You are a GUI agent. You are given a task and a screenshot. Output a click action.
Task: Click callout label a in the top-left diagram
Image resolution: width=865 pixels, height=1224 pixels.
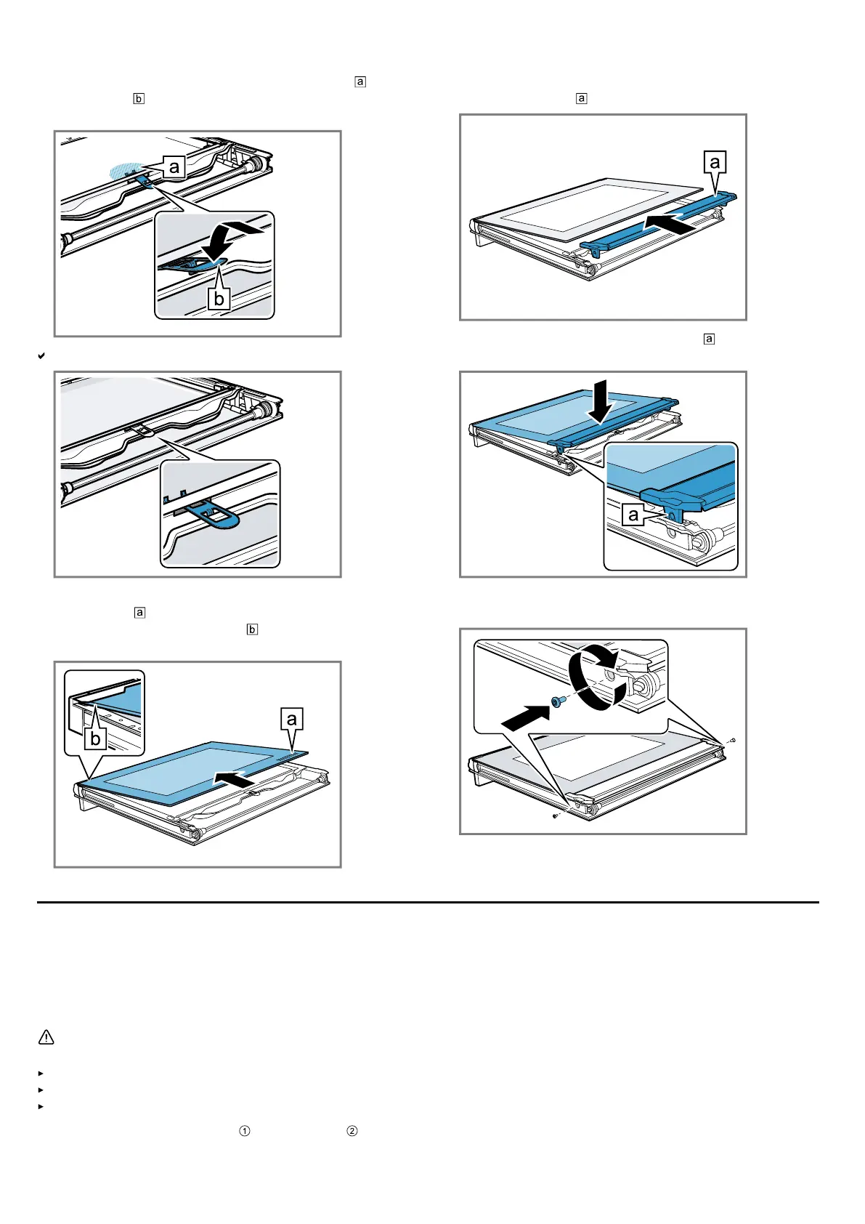coord(174,167)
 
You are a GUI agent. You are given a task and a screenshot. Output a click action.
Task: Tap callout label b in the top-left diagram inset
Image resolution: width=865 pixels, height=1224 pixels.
coord(219,298)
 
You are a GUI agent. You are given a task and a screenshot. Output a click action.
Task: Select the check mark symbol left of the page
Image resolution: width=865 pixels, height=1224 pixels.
coord(41,356)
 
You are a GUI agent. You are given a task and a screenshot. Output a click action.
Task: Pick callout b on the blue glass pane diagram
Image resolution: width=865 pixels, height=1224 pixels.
coord(94,739)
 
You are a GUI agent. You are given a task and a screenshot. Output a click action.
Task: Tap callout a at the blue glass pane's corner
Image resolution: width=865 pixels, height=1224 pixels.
coord(291,719)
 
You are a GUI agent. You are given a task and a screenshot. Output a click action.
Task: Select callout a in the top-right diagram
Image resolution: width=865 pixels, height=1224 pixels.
coord(715,161)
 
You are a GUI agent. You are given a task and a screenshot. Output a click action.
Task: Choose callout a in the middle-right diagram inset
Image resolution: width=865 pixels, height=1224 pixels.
coord(633,515)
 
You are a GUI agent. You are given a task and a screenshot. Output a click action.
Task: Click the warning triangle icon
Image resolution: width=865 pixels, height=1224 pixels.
coord(46,1037)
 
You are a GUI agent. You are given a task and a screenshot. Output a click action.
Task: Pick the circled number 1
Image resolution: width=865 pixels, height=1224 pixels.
coord(245,1131)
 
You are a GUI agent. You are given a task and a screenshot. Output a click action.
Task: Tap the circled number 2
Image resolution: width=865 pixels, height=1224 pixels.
coord(352,1131)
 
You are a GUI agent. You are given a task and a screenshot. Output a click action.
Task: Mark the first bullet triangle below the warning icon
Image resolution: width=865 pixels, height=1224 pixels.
coord(41,1073)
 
